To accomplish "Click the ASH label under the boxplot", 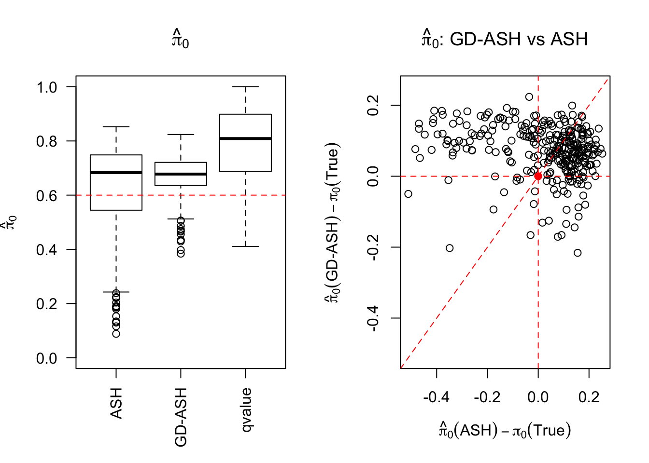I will [116, 403].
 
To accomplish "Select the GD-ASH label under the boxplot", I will [181, 417].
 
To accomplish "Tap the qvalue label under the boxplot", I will [246, 409].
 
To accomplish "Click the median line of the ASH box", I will [116, 172].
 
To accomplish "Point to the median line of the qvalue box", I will [245, 138].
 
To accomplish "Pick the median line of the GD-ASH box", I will [181, 174].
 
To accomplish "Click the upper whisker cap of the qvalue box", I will [245, 87].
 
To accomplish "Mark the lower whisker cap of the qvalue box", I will [245, 246].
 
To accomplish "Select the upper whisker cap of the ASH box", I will [116, 127].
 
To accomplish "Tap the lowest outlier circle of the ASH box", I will [116, 334].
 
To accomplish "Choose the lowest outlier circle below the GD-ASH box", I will [181, 253].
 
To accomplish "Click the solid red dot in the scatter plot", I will [538, 177].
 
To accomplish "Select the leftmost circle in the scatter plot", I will [408, 194].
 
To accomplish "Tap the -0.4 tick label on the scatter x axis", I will [436, 397].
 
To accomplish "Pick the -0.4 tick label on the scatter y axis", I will [373, 318].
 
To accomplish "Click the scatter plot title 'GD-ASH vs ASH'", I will [519, 39].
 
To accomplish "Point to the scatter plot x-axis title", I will [505, 430].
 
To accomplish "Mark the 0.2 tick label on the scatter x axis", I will [589, 397].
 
